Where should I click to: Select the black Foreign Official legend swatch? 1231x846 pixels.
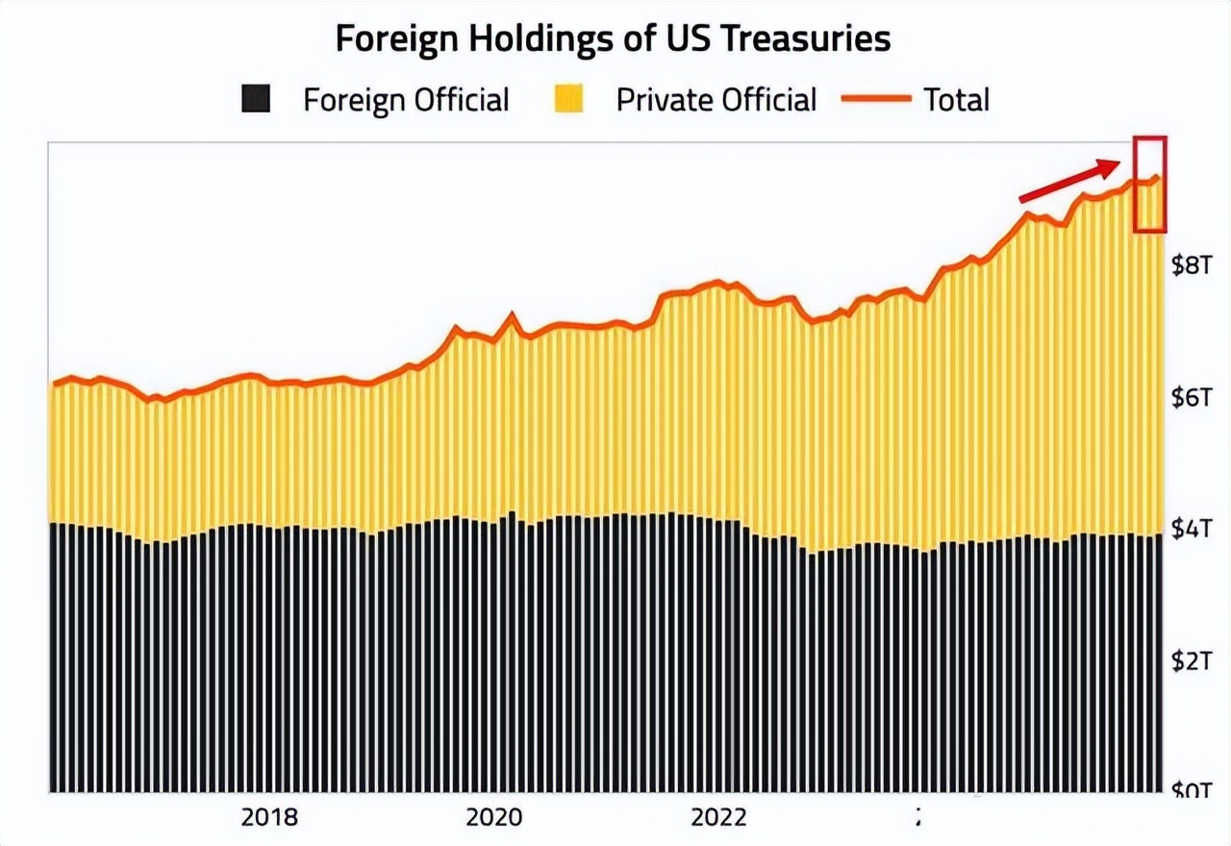tap(256, 99)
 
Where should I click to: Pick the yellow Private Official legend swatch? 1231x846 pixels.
tap(569, 99)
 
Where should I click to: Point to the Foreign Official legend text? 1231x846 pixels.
tap(406, 100)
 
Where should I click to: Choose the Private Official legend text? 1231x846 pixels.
tap(716, 100)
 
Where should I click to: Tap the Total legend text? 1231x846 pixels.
tap(956, 100)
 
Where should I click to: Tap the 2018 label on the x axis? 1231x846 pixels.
tap(269, 817)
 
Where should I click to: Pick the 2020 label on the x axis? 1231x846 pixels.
tap(493, 817)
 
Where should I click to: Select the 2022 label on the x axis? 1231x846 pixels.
tap(718, 817)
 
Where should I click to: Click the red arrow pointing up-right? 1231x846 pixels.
tap(1070, 182)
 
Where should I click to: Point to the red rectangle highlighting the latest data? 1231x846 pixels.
tap(1150, 185)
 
